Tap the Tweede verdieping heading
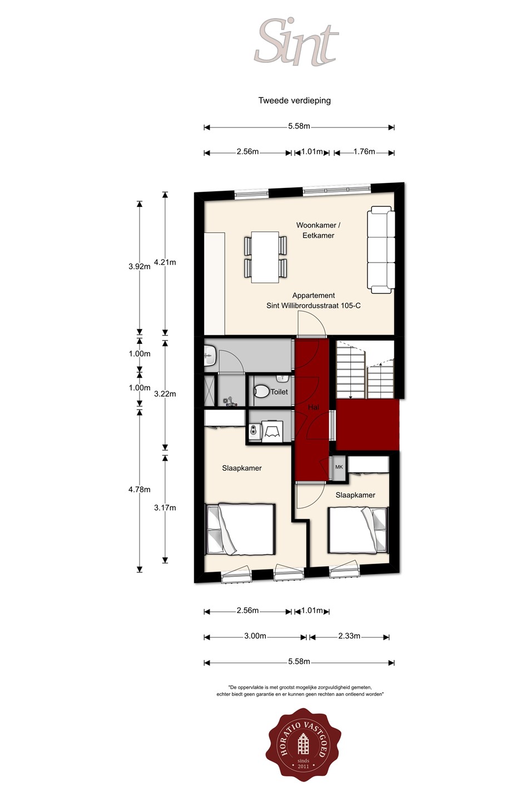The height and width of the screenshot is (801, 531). (x=295, y=101)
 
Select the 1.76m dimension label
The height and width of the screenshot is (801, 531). (x=364, y=152)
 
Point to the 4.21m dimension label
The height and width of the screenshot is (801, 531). (x=165, y=262)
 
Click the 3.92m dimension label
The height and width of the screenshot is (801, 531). (x=140, y=266)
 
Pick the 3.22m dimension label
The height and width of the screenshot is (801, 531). (x=165, y=394)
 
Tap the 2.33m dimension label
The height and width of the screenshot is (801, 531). (x=349, y=636)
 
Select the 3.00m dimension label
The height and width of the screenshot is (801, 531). (x=255, y=636)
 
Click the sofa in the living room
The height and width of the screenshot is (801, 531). (x=381, y=250)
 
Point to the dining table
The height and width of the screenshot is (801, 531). (x=265, y=257)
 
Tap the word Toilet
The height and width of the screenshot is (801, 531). (x=279, y=392)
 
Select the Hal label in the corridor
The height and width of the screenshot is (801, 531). (x=313, y=407)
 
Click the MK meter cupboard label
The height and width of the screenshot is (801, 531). (x=339, y=467)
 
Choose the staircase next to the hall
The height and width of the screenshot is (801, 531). (x=365, y=369)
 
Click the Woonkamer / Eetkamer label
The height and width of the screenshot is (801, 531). (x=318, y=230)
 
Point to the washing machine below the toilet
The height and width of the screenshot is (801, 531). (x=273, y=431)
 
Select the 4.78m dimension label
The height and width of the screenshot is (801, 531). (x=140, y=489)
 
